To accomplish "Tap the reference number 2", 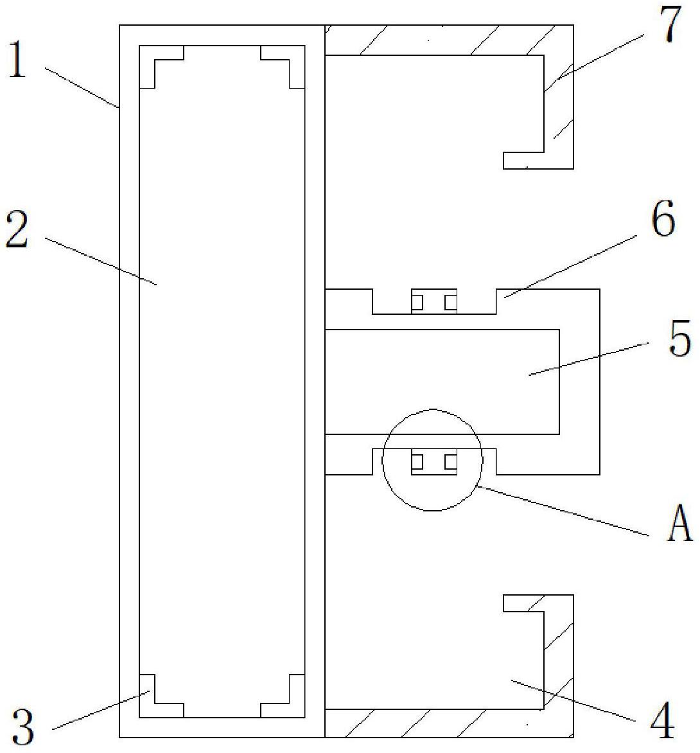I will click(x=17, y=231).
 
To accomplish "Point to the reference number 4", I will click(x=662, y=720).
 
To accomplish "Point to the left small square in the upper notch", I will click(x=417, y=302).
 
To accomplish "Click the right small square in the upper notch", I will click(x=451, y=302).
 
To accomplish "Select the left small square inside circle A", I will click(x=417, y=461).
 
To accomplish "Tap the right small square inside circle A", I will click(x=451, y=461).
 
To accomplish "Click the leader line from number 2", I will click(x=103, y=261).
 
